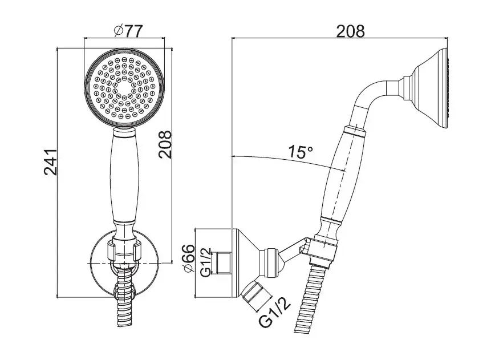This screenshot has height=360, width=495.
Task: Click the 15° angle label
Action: point(301,152)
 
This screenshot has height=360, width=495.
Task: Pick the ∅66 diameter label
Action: point(189,257)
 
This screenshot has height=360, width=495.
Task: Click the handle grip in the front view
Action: point(124,177)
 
